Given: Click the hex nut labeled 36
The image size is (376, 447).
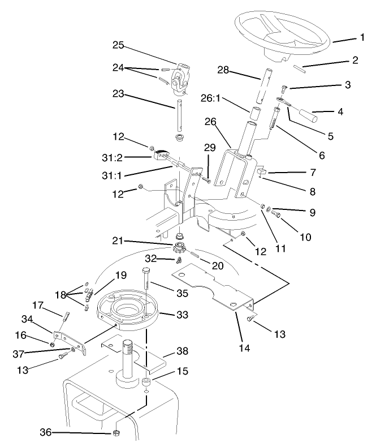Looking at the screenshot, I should point(116,433).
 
